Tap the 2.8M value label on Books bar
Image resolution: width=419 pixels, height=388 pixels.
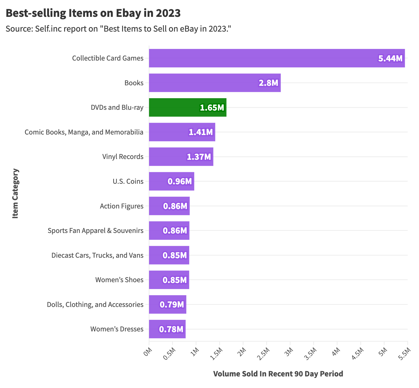point(268,83)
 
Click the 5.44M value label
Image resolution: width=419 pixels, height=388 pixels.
point(390,58)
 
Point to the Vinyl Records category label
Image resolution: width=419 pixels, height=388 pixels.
point(123,157)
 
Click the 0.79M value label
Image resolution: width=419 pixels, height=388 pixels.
point(172,305)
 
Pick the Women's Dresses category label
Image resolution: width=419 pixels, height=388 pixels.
point(117,329)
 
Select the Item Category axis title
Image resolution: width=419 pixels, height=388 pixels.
point(16,193)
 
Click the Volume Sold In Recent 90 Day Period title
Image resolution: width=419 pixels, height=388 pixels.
point(278,374)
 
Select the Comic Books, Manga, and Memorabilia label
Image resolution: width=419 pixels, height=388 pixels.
point(84,132)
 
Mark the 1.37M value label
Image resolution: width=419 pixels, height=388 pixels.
point(199,157)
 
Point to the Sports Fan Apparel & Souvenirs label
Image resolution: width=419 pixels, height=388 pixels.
point(96,231)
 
